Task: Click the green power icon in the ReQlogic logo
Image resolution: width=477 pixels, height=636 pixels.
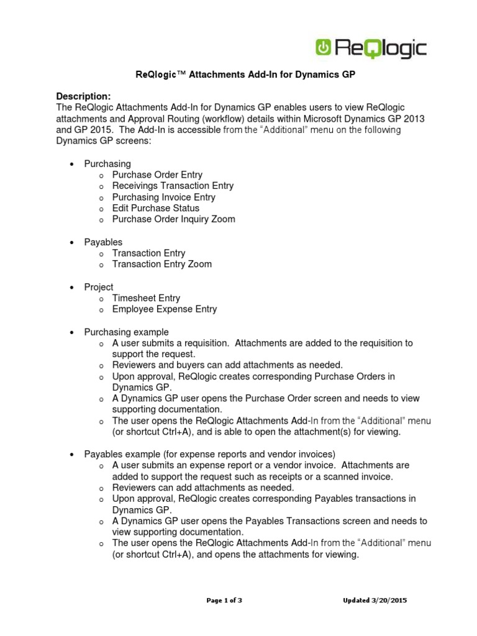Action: coord(324,48)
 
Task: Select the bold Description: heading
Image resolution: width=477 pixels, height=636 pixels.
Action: coord(83,96)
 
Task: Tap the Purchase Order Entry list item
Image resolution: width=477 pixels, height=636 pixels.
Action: coord(157,175)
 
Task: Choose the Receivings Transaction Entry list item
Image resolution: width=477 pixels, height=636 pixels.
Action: coord(173,186)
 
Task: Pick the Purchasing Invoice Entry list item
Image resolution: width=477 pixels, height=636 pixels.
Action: coord(163,197)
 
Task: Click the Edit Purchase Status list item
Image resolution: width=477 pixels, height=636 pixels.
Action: coord(155,208)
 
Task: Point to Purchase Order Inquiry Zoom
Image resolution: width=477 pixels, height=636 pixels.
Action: coord(173,219)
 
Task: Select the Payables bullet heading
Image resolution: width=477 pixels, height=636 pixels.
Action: coord(103,242)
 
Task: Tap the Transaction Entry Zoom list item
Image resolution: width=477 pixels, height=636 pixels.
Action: coord(161,264)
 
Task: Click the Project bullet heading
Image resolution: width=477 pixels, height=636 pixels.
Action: coord(99,287)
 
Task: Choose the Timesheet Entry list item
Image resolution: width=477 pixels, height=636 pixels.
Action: coord(146,298)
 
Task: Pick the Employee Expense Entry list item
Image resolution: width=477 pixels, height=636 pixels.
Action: coord(164,309)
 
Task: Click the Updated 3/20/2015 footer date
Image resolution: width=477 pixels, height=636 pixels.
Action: coord(375,601)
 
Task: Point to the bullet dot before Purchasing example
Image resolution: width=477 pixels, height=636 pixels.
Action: coord(71,333)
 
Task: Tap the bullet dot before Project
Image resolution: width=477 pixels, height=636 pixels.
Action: coord(71,288)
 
